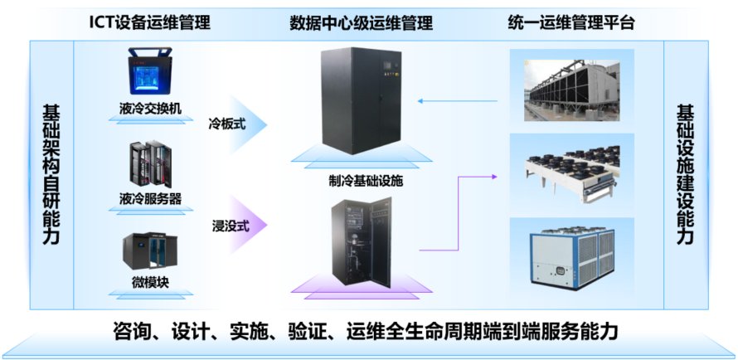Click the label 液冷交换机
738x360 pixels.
(150, 108)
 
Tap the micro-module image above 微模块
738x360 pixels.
(149, 247)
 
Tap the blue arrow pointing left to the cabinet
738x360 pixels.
(456, 101)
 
